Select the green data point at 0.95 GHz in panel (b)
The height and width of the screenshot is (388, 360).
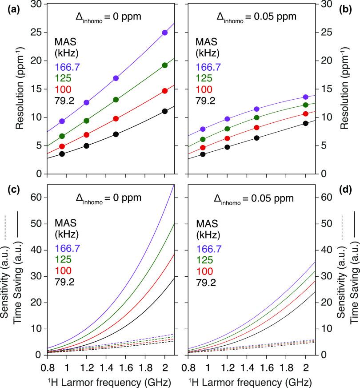click(x=203, y=139)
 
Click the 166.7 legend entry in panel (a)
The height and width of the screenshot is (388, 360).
click(x=67, y=67)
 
